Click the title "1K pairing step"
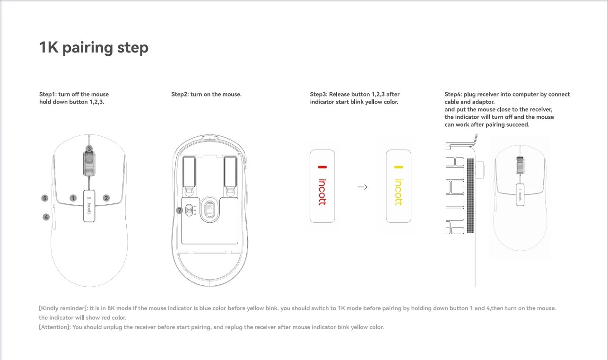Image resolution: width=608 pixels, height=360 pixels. click(x=94, y=48)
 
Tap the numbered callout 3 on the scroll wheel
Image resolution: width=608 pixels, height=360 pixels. click(x=89, y=149)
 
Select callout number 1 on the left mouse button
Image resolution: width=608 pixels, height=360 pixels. click(x=73, y=198)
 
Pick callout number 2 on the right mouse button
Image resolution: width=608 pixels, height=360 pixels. click(x=106, y=198)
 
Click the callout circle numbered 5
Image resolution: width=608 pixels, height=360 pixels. click(x=45, y=198)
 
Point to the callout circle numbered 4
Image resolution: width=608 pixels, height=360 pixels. click(x=46, y=217)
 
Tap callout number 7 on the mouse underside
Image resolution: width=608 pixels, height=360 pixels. click(x=180, y=210)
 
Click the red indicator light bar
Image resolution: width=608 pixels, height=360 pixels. click(x=322, y=167)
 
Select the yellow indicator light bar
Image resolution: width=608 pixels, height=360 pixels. click(x=399, y=167)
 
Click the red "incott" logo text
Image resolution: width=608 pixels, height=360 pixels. click(x=322, y=192)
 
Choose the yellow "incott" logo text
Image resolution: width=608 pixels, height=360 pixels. click(x=399, y=192)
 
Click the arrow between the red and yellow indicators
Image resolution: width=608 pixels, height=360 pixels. click(x=363, y=187)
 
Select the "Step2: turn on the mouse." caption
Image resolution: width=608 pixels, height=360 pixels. click(x=206, y=94)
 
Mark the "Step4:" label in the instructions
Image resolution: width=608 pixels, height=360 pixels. click(x=453, y=94)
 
